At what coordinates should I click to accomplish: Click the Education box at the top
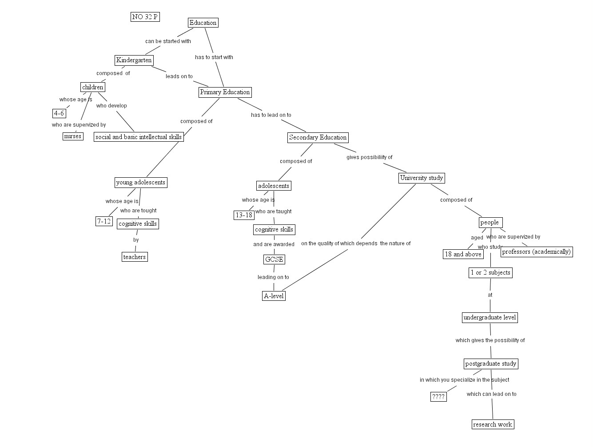203,23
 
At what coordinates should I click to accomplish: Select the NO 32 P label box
145,17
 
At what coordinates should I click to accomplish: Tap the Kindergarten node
134,60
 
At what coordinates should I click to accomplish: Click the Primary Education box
225,92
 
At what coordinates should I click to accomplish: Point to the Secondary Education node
318,137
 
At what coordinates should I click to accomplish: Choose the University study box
421,178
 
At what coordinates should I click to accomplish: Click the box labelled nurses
73,136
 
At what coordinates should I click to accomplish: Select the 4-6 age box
59,113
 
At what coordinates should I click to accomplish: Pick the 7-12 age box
104,221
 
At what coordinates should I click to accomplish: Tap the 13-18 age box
244,215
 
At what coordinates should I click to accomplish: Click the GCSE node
274,259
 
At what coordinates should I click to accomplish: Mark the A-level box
274,296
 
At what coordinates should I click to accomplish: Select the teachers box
134,257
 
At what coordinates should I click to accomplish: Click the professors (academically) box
536,251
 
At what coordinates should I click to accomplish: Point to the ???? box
438,396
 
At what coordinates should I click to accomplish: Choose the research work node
493,424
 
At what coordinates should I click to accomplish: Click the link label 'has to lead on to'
271,115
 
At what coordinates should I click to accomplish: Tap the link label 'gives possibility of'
369,157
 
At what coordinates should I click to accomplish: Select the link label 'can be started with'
168,41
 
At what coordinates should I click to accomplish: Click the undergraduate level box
490,317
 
